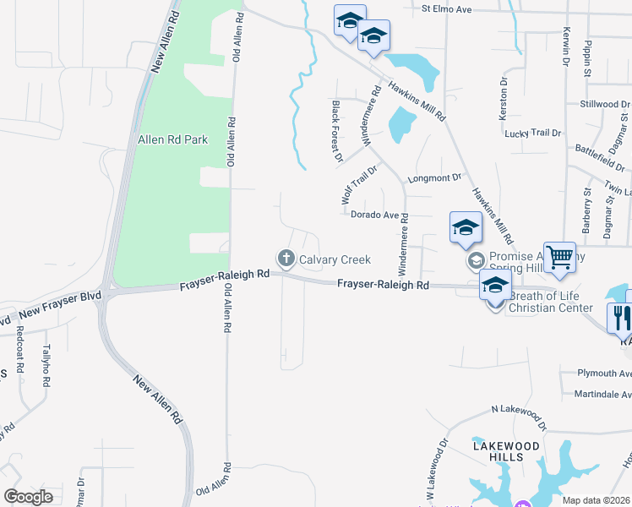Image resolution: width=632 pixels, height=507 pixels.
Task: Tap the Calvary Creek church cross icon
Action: tap(286, 258)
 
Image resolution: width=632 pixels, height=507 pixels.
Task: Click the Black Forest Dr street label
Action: tap(337, 130)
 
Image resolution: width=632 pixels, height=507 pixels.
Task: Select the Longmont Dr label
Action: tap(436, 178)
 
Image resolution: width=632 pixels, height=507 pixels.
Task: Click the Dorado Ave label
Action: tap(373, 215)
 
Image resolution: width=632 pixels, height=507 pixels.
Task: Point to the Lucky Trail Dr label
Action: tap(532, 134)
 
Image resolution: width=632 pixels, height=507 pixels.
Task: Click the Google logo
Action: tap(28, 496)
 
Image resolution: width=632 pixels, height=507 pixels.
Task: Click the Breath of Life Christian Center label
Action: tap(551, 302)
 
